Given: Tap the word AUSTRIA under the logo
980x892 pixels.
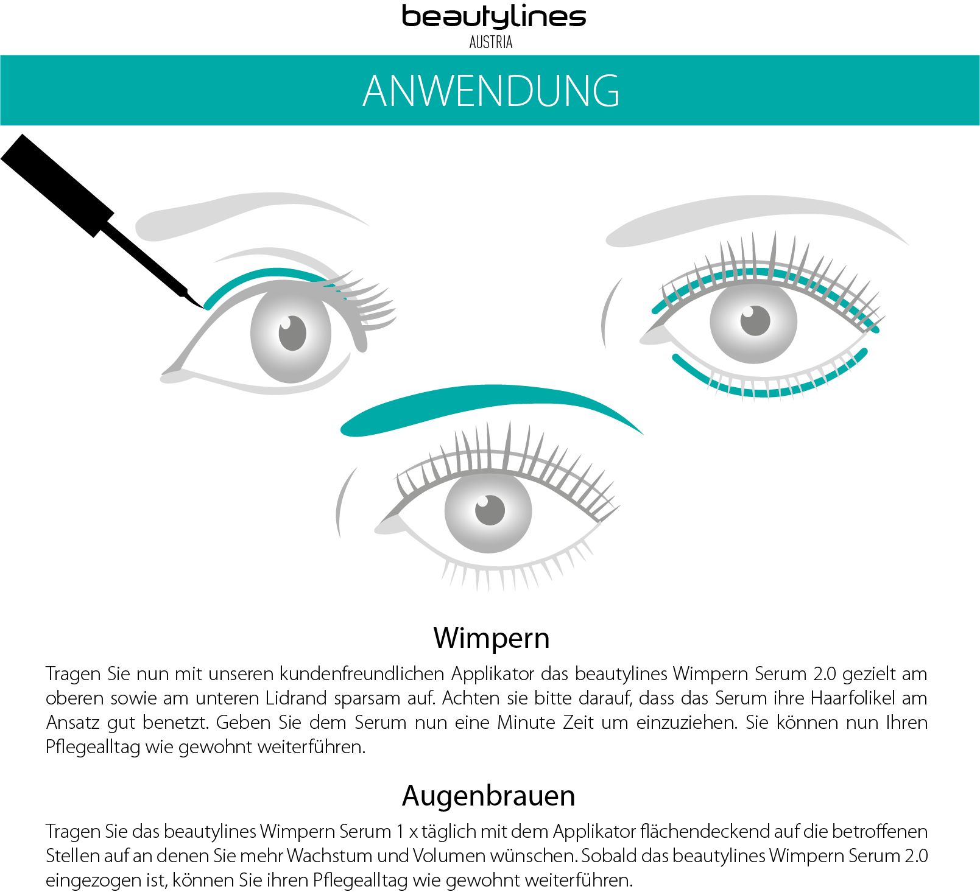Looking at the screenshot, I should tap(491, 42).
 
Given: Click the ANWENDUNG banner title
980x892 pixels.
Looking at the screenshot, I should tap(491, 91).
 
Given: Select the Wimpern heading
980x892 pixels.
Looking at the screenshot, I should tap(491, 637).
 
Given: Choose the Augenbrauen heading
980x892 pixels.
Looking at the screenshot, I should tap(488, 795).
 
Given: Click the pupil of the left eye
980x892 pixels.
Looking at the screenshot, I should tap(292, 333).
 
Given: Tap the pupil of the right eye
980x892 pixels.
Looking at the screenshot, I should tap(755, 320).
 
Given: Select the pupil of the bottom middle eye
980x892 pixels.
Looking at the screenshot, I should tap(490, 510).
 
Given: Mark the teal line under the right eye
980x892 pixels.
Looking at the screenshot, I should tap(767, 390).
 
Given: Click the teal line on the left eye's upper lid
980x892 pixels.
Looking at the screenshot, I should tap(262, 275).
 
